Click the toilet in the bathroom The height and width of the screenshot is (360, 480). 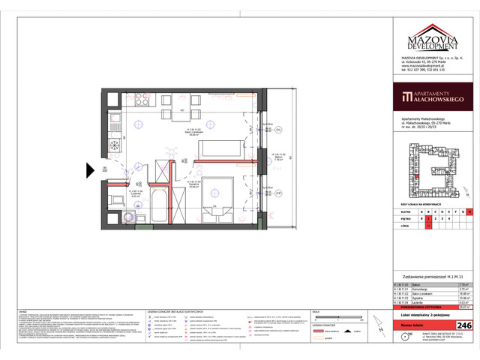coord(115,199)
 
